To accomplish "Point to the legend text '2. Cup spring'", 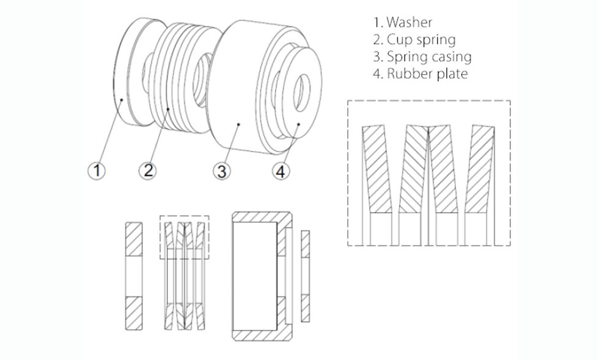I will point(414,40).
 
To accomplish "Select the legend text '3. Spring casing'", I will point(422,57).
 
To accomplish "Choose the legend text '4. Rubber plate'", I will point(421,75).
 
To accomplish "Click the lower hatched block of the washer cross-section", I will point(134,311).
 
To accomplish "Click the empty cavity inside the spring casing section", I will point(254,275).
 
